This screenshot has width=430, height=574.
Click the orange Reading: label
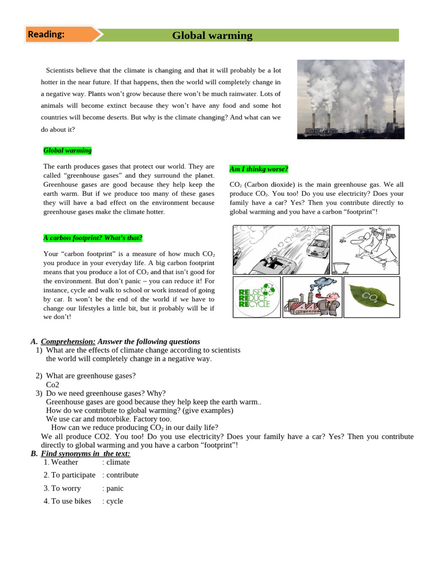pos(46,34)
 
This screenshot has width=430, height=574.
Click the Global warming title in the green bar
pos(212,36)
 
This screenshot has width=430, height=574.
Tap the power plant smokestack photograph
pos(350,99)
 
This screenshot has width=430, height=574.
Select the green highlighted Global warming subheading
pos(67,150)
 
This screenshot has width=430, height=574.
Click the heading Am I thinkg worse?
pos(259,169)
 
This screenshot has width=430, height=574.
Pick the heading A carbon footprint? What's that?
pos(93,238)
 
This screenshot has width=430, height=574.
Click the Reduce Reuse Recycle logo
pos(256,297)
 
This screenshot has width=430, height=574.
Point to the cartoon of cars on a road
pos(281,249)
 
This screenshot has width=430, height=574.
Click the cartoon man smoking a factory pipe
pos(311,297)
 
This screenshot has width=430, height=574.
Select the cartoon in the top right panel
pos(365,248)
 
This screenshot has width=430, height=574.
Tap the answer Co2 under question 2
pos(53,385)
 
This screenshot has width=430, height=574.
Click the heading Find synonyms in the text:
pos(86,453)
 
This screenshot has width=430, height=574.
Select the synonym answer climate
pos(118,462)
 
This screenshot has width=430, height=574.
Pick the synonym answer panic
pos(115,488)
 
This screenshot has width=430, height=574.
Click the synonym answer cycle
pos(115,501)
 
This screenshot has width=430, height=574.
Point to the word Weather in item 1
pos(64,462)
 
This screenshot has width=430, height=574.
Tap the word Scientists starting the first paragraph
pos(63,71)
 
